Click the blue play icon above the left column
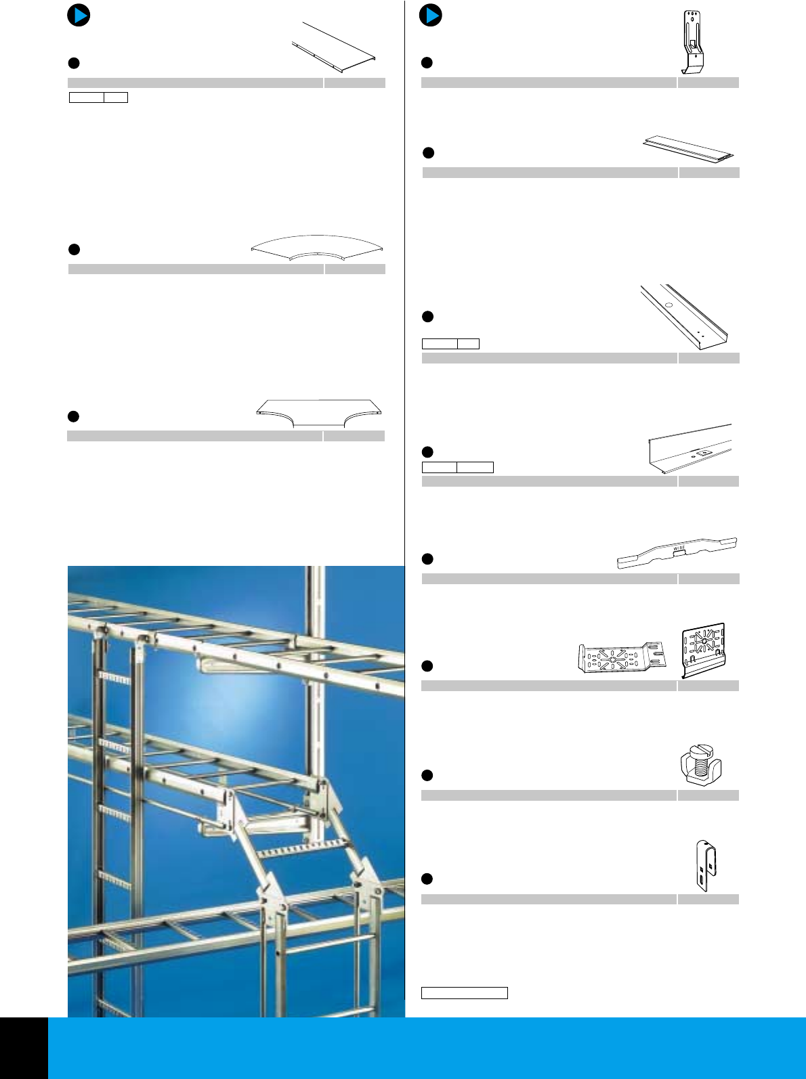79,15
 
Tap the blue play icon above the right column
431,15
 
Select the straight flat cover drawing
335,47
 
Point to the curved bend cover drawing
317,247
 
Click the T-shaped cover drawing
319,412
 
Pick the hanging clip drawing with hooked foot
693,42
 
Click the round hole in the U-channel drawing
669,305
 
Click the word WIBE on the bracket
679,548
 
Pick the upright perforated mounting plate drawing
703,648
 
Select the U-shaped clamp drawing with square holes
706,866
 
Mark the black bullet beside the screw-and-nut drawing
427,775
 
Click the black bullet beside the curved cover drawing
75,250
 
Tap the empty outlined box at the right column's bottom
464,993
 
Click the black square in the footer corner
24,1048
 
